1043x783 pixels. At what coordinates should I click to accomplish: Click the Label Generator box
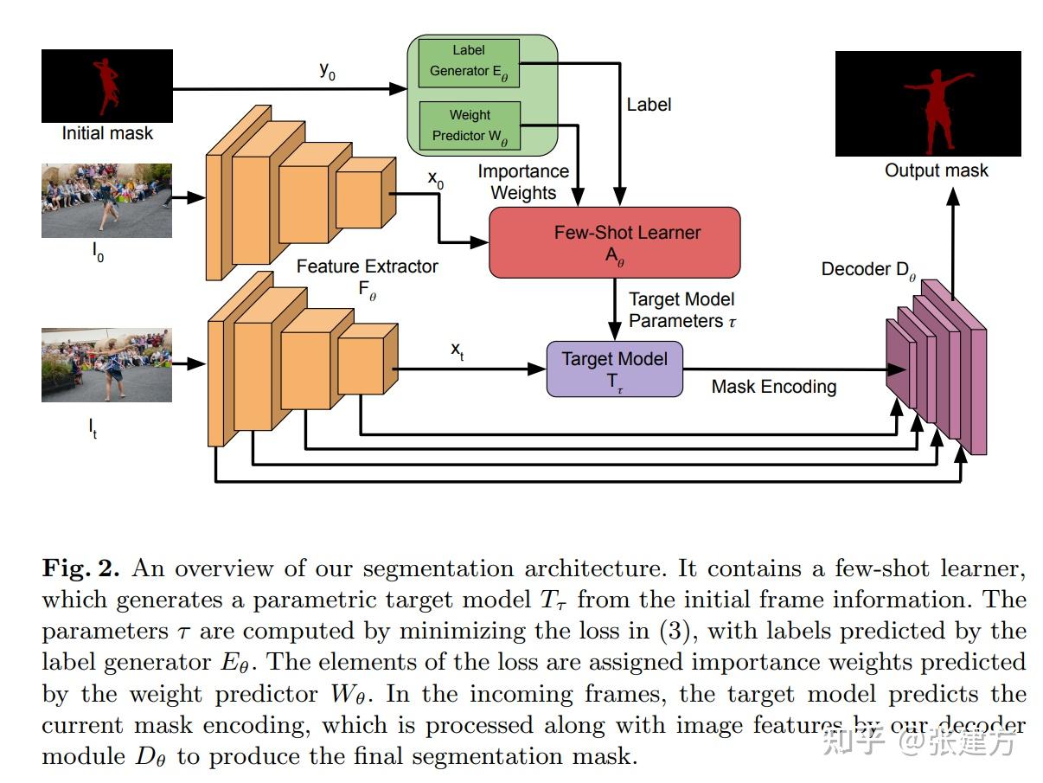(469, 61)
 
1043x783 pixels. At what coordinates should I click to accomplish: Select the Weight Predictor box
(469, 125)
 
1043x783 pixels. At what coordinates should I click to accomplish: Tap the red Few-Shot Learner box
(614, 242)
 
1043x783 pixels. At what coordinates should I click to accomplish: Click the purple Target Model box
(614, 369)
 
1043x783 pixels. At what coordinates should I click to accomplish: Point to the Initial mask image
(107, 85)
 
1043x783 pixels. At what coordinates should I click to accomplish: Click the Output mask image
(928, 104)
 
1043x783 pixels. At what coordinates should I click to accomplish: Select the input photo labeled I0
(106, 201)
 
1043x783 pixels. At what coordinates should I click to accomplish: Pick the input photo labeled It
(106, 364)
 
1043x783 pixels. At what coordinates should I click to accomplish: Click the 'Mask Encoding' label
(773, 387)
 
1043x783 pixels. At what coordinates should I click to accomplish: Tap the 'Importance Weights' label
(523, 183)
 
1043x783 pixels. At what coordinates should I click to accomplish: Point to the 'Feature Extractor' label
(367, 266)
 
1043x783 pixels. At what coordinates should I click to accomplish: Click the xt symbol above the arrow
(458, 350)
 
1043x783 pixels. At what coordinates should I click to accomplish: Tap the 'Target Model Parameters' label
(681, 310)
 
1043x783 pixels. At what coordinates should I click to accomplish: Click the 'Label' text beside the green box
(649, 104)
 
